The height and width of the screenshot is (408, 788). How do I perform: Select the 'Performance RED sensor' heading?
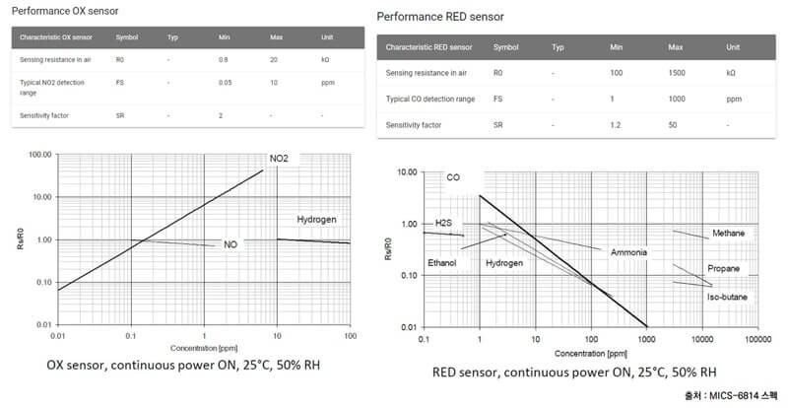440,17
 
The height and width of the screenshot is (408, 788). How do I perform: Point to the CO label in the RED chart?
453,178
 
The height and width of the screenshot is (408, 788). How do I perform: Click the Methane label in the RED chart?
729,234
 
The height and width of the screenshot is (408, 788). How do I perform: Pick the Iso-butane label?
728,297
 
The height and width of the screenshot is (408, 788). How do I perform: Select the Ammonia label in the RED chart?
628,252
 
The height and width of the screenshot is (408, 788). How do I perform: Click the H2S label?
444,224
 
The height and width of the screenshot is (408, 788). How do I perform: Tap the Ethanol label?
442,263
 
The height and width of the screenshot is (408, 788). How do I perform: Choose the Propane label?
723,268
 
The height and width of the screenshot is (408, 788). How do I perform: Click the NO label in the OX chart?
230,244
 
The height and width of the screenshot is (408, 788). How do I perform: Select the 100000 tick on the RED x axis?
757,340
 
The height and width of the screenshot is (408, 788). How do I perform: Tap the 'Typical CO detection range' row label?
430,100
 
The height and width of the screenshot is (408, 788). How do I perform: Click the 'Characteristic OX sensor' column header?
53,38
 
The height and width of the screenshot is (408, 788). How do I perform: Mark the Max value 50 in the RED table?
674,126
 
